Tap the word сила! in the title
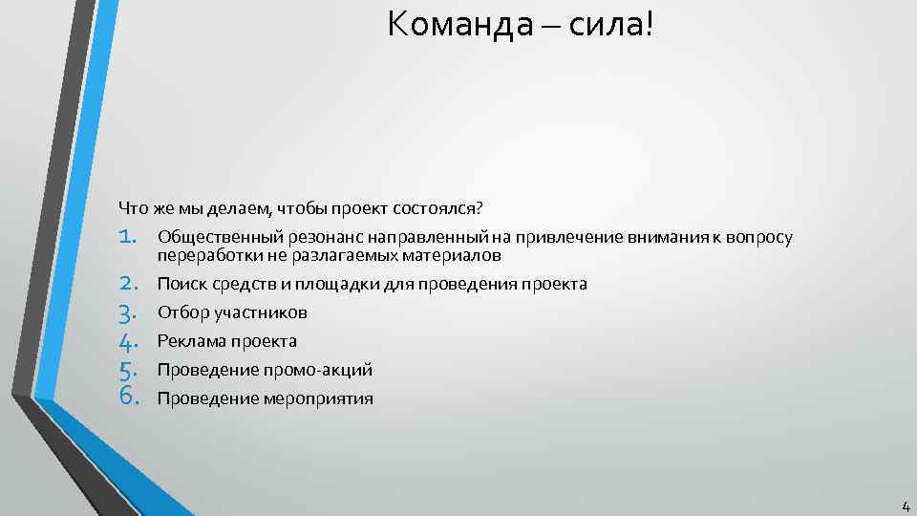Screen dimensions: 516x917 click(612, 25)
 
